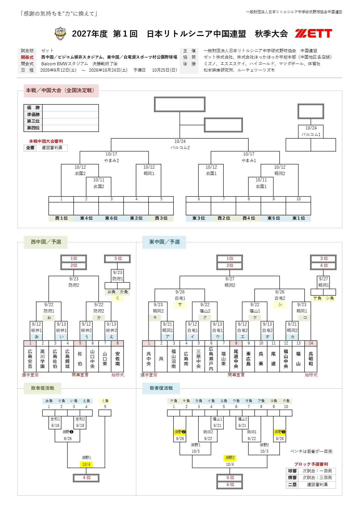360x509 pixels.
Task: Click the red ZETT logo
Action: coord(313,34)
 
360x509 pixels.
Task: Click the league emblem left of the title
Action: coord(60,34)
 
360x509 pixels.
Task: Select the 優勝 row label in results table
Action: coord(33,108)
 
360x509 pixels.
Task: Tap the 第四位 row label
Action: coord(33,128)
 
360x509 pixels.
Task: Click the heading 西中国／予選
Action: coord(46,242)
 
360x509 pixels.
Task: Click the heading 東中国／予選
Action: coord(164,242)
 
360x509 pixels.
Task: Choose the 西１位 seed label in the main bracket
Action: coord(61,218)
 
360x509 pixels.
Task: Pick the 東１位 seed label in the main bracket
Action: coord(299,218)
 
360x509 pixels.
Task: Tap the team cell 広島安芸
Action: coord(30,359)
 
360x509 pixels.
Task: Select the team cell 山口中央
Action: coord(93,359)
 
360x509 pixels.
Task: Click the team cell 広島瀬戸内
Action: coord(211,359)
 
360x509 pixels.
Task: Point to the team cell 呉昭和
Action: coord(311,359)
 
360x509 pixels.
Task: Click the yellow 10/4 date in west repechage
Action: coord(86,464)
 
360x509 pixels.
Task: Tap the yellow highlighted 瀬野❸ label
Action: coord(280,432)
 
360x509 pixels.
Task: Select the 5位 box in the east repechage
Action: coord(230,478)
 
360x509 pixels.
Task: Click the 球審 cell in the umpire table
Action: coord(292,471)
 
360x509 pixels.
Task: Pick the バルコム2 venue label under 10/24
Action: coord(180,148)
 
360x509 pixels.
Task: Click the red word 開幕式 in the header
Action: coord(27,57)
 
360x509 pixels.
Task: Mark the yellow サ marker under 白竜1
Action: coord(180,305)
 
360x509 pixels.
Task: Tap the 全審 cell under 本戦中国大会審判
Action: coord(30,148)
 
